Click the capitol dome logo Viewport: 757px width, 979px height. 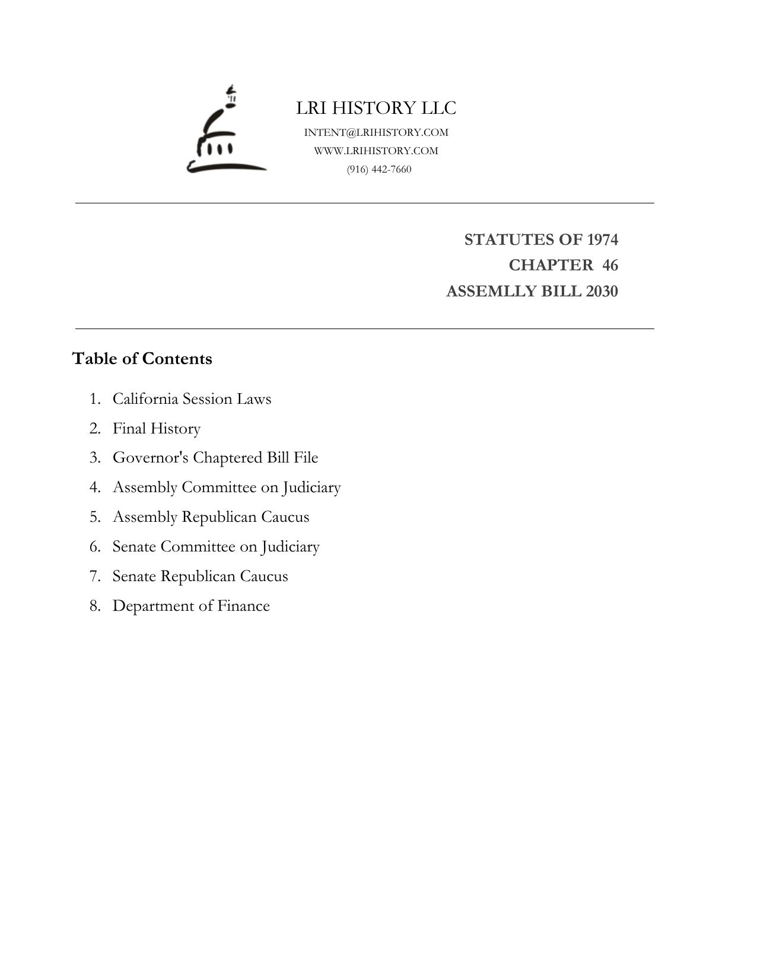[225, 130]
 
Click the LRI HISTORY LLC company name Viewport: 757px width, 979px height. [376, 108]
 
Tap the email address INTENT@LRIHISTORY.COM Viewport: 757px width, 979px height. [376, 132]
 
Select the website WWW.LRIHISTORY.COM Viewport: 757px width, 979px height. [376, 151]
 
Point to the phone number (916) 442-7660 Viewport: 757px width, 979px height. [379, 169]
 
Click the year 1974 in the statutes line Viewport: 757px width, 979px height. [602, 240]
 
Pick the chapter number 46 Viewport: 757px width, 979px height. [610, 265]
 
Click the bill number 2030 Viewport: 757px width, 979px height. [602, 292]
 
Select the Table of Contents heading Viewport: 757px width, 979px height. [142, 359]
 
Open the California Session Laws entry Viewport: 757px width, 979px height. [192, 398]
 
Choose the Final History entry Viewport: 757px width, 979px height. [157, 428]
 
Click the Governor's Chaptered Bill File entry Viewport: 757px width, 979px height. [215, 458]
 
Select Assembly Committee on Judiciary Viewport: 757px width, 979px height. [227, 487]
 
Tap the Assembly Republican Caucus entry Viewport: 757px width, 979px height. [211, 517]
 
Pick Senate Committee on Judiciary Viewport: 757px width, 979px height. [216, 547]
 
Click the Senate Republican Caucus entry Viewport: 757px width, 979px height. [200, 576]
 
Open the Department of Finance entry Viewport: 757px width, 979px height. [191, 606]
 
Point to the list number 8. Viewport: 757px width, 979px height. [95, 606]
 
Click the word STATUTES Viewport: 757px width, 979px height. [501, 240]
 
